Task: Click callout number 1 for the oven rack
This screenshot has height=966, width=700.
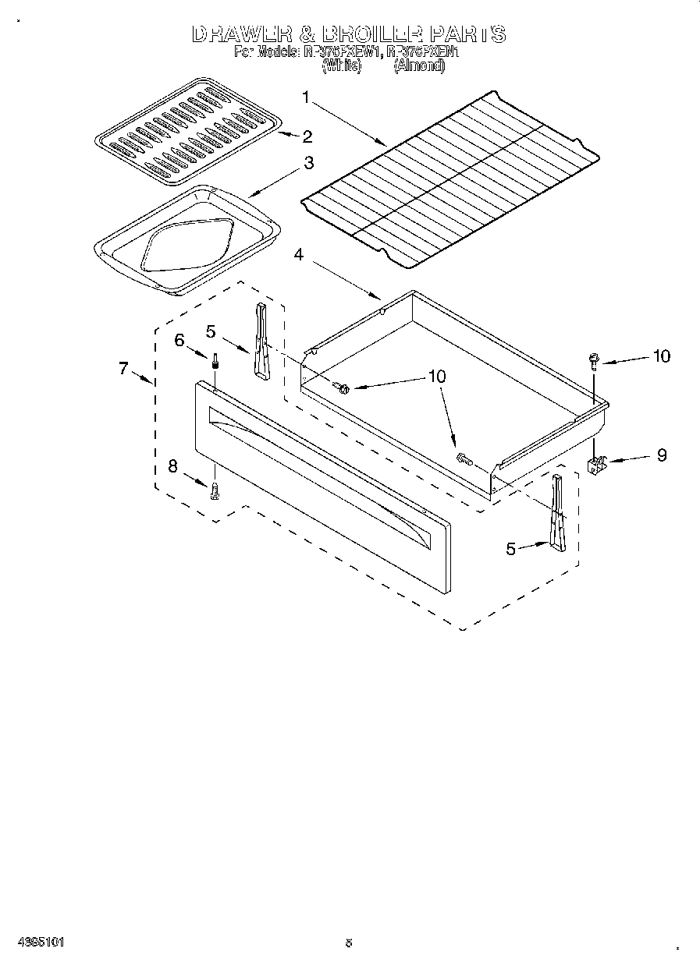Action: coord(306,97)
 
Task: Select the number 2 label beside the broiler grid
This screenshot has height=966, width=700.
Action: coord(307,137)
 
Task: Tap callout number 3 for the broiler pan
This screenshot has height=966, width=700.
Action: coord(309,163)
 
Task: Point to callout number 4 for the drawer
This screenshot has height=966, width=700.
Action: coord(300,254)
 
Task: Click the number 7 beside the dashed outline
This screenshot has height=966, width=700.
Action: coord(123,369)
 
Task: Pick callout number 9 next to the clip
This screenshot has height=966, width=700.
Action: coord(662,455)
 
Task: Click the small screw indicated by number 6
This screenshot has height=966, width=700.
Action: coord(213,362)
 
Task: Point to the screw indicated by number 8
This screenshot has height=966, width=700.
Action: coord(214,490)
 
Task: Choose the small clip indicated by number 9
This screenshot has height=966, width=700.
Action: coord(597,465)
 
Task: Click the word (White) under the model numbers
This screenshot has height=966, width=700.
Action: coord(341,67)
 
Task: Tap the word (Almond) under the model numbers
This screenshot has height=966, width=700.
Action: coord(419,67)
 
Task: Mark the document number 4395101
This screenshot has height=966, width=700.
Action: coord(36,942)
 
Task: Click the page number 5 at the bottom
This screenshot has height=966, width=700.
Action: coord(349,942)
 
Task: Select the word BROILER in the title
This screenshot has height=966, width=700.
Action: coord(366,34)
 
